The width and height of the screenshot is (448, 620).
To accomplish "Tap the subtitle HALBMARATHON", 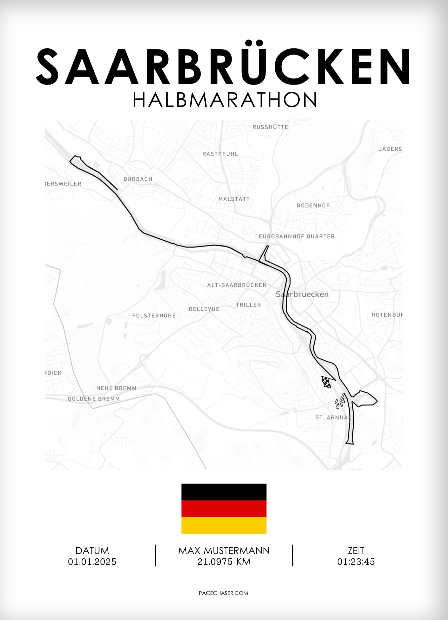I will (x=225, y=100).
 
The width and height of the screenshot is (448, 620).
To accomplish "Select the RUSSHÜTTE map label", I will (x=270, y=127).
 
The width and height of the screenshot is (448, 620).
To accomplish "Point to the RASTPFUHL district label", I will (x=220, y=154).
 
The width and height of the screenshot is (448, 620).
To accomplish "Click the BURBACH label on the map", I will (x=138, y=179).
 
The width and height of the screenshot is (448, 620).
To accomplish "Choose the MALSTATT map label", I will (x=234, y=199).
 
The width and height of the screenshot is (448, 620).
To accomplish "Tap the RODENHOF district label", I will (x=313, y=206).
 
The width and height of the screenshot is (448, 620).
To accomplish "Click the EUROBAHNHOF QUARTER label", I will (x=297, y=236).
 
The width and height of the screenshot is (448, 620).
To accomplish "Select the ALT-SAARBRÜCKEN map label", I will (x=237, y=285).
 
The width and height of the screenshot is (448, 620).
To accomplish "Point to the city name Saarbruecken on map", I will (x=302, y=294).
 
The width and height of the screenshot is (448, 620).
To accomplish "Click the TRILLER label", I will (x=248, y=305).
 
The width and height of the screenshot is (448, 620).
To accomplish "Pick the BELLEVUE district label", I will (x=204, y=309).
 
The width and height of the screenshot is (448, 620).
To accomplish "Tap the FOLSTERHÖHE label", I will (x=154, y=316).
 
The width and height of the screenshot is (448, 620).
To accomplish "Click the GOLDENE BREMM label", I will (x=94, y=399).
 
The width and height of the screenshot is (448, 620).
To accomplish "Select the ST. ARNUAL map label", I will (x=333, y=418).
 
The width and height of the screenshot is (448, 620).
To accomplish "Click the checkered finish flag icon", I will (x=326, y=382).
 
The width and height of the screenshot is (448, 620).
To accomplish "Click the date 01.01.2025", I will (x=92, y=562).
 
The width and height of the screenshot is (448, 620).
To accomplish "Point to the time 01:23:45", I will (x=356, y=562).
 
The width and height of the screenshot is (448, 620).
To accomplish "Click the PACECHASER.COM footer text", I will (x=223, y=593).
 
